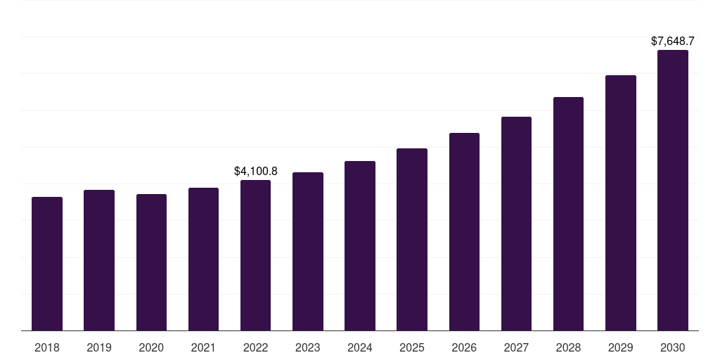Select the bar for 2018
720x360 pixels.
tap(47, 264)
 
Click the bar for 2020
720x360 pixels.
tap(151, 262)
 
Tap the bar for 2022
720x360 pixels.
tap(255, 255)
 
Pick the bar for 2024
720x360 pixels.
tap(360, 245)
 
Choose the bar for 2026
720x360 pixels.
tap(464, 231)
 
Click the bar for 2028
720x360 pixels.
tap(568, 214)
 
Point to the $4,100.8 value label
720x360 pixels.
tap(255, 171)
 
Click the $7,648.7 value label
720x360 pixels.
tap(673, 41)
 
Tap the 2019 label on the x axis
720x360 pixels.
tap(99, 347)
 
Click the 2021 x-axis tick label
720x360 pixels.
tap(203, 347)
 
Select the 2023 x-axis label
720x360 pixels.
tap(307, 347)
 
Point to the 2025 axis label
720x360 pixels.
tap(412, 347)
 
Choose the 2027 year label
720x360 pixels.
tap(516, 347)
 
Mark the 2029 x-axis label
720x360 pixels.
tap(620, 347)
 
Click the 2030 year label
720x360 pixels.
tap(673, 347)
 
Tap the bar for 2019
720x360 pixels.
tap(99, 260)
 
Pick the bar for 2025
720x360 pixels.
tap(412, 239)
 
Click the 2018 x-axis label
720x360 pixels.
tap(47, 347)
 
